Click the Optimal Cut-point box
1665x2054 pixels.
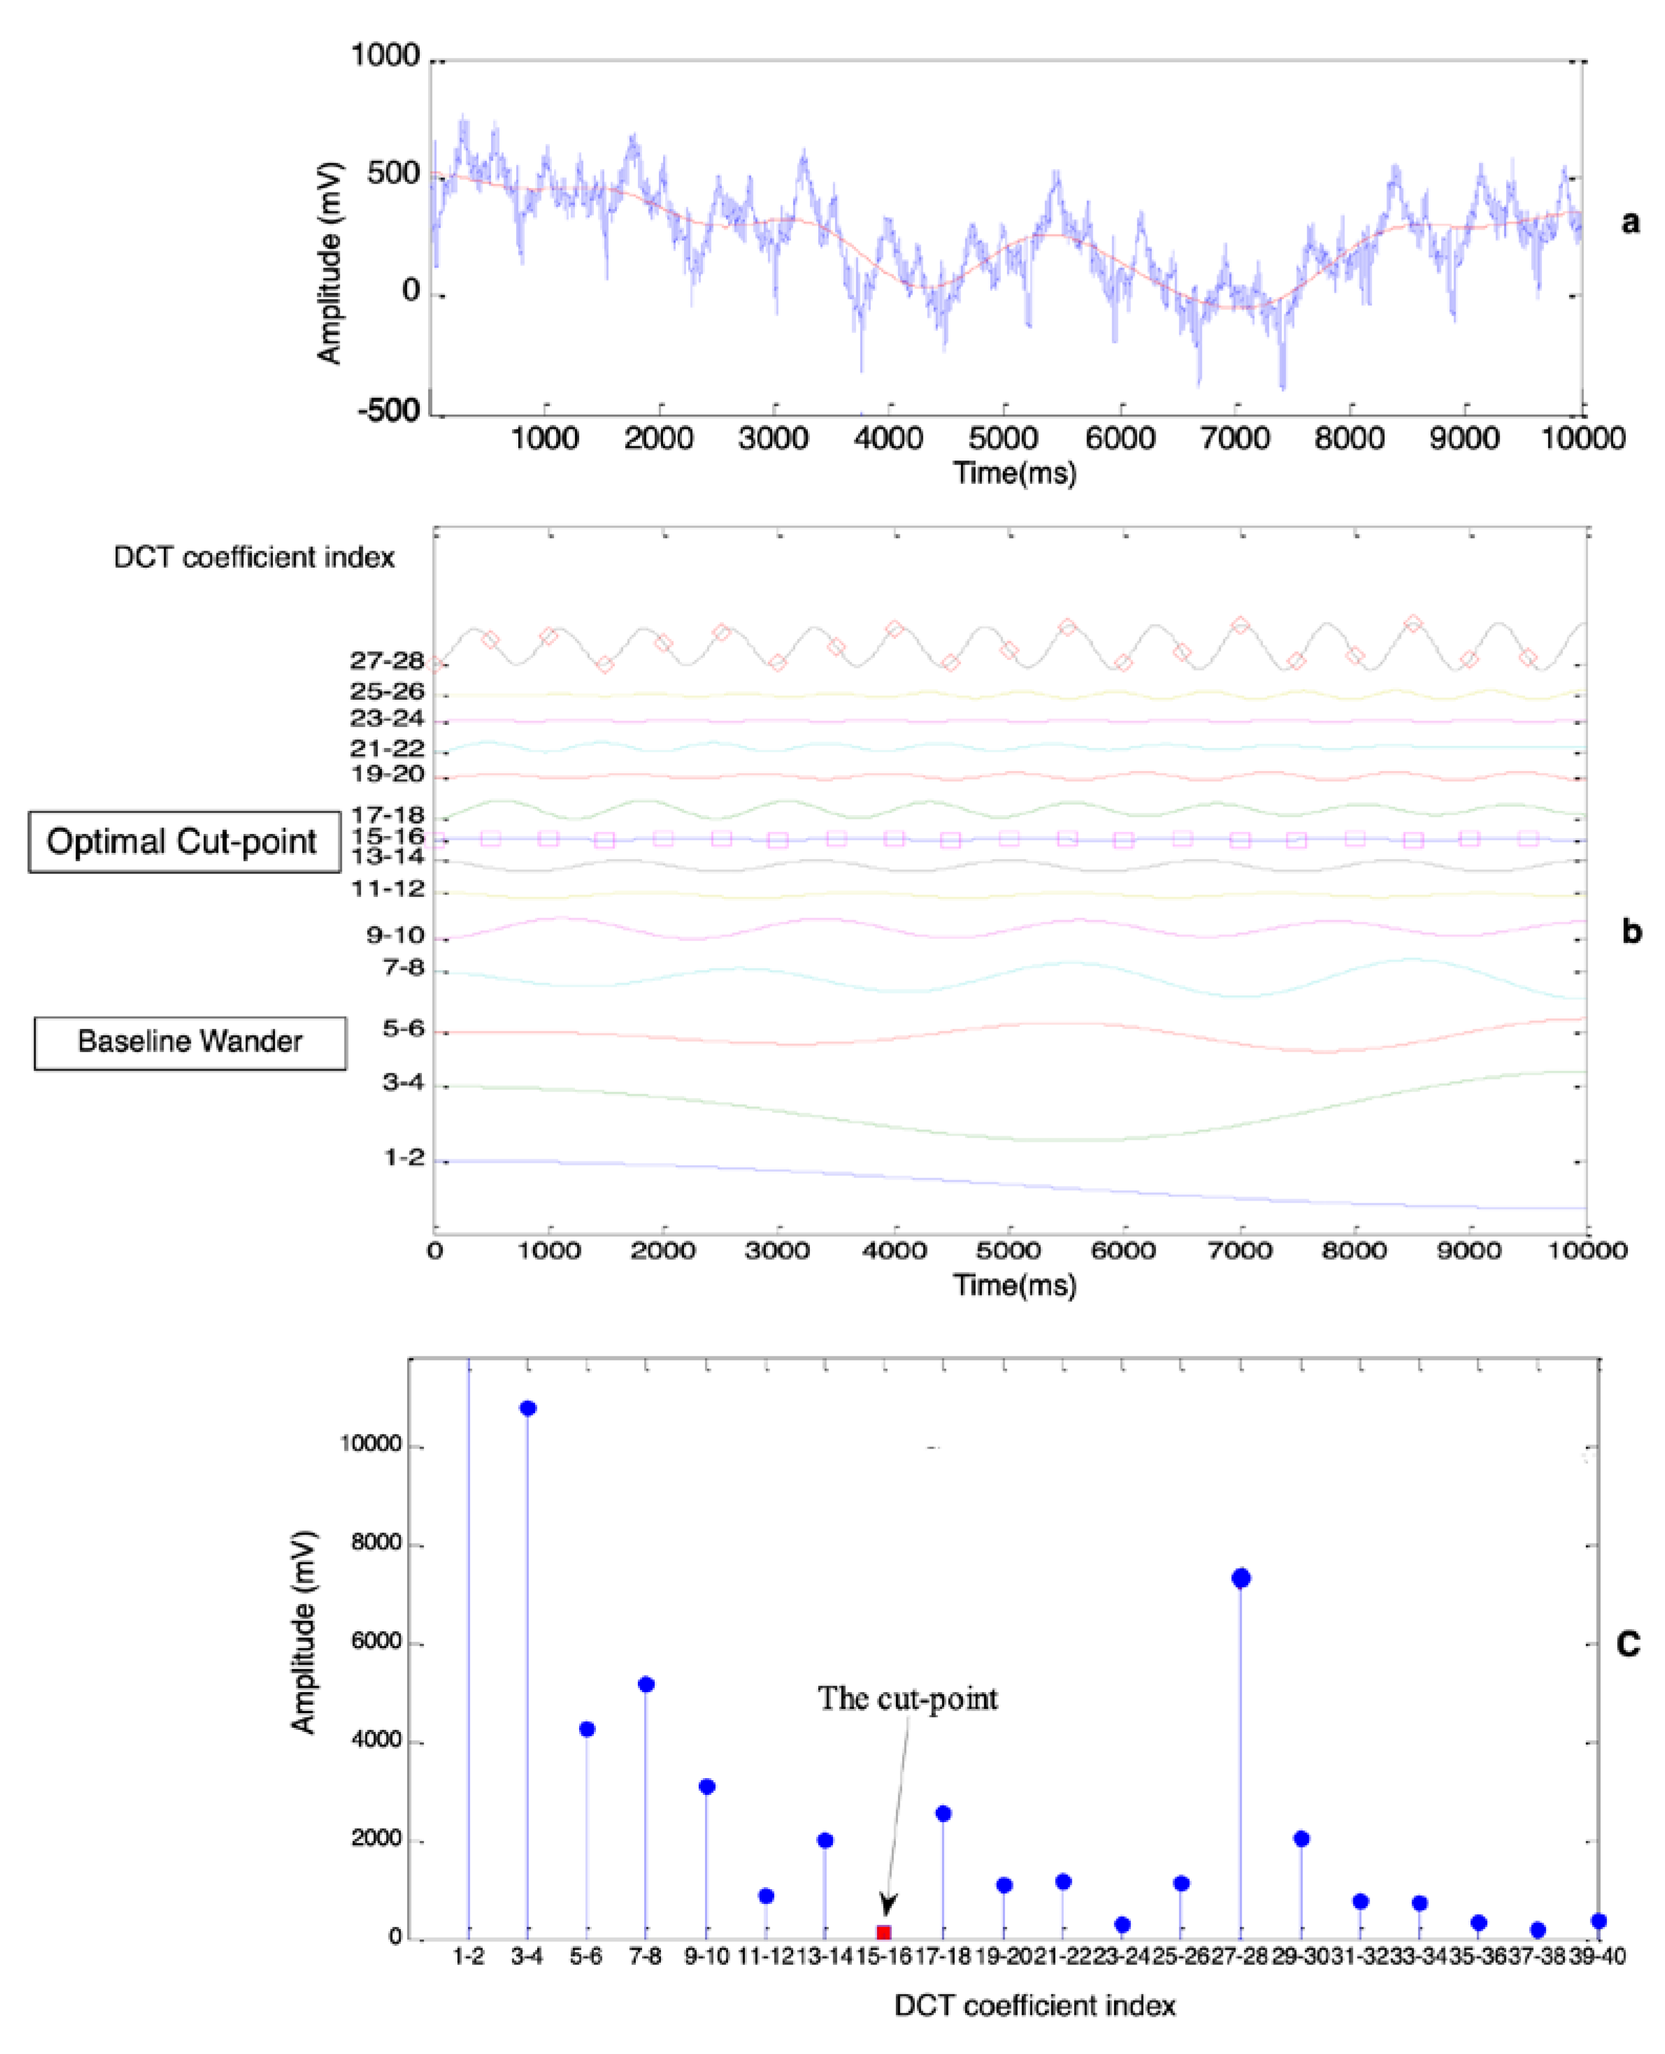(x=183, y=841)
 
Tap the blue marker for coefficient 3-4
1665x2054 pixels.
(x=528, y=1408)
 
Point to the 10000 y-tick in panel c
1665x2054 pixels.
(x=371, y=1444)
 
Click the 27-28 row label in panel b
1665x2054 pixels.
(x=387, y=661)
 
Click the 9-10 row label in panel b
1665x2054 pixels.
(x=395, y=936)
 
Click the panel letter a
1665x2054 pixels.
(x=1629, y=222)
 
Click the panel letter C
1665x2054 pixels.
(x=1628, y=1644)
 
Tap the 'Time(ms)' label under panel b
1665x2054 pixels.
(x=1015, y=1285)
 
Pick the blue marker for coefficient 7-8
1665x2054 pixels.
(x=645, y=1685)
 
